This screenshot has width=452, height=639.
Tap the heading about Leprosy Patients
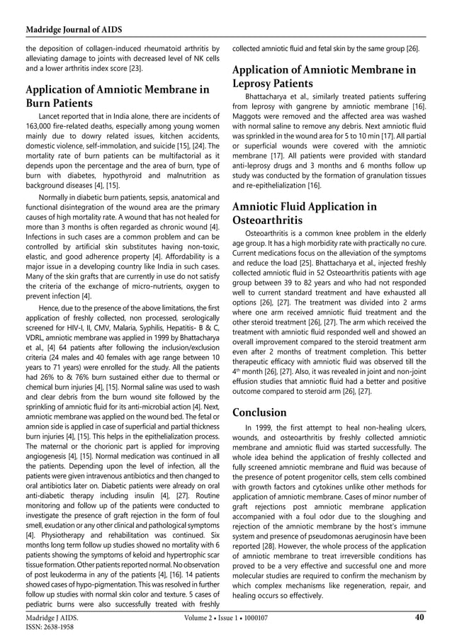point(324,77)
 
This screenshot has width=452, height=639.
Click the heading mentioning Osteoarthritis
point(305,214)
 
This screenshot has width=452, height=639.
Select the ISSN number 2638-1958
point(51,628)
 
